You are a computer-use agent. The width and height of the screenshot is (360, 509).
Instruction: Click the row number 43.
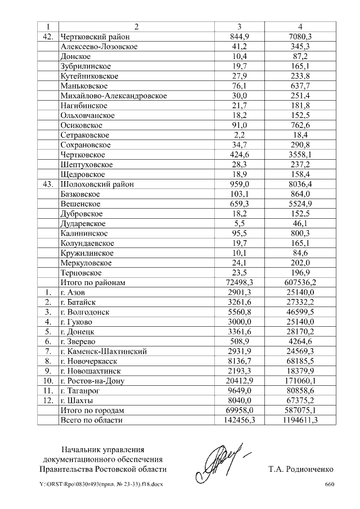point(47,184)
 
